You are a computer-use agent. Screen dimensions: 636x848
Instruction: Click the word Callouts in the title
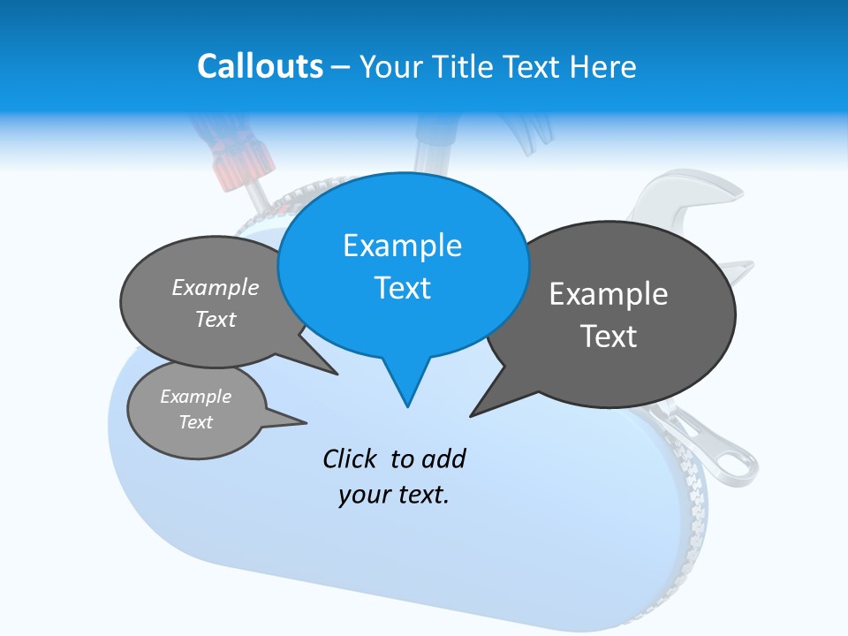pyautogui.click(x=260, y=66)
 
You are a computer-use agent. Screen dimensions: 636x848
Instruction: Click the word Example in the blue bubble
pyautogui.click(x=402, y=246)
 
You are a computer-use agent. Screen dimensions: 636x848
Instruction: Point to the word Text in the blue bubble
pyautogui.click(x=402, y=288)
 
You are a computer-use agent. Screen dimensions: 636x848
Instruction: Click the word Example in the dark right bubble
pyautogui.click(x=609, y=294)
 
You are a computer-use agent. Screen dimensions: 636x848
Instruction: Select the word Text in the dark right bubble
pyautogui.click(x=609, y=337)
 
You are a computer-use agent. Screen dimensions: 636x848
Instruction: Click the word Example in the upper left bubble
pyautogui.click(x=216, y=287)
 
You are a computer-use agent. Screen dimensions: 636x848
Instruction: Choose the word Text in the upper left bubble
pyautogui.click(x=216, y=319)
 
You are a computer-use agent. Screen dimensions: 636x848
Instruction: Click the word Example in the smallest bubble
pyautogui.click(x=196, y=397)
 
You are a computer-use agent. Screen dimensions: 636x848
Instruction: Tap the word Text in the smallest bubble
pyautogui.click(x=196, y=422)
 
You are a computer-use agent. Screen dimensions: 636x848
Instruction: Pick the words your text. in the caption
pyautogui.click(x=394, y=495)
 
